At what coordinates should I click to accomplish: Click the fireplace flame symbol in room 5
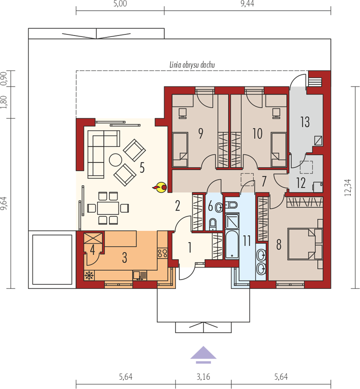tap(160, 187)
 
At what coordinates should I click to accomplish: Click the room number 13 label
tap(305, 122)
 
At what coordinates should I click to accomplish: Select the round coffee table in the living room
tap(116, 160)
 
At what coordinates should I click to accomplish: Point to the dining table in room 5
tap(108, 208)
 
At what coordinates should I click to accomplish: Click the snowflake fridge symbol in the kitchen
tap(89, 275)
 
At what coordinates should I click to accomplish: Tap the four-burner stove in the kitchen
tap(162, 253)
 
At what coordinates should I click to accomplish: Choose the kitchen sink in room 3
tap(139, 275)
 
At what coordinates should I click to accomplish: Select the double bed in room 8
tap(305, 244)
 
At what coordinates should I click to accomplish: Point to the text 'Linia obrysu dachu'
tap(192, 65)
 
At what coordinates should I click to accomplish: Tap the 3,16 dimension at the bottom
tap(203, 377)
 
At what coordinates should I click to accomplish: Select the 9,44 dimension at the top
tap(247, 4)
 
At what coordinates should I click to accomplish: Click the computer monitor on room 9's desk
tap(183, 113)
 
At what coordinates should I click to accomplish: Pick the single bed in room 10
tap(279, 150)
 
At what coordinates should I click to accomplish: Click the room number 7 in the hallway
tap(264, 181)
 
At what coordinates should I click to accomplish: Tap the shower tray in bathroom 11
tap(232, 222)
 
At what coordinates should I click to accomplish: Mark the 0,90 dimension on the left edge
tap(4, 79)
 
